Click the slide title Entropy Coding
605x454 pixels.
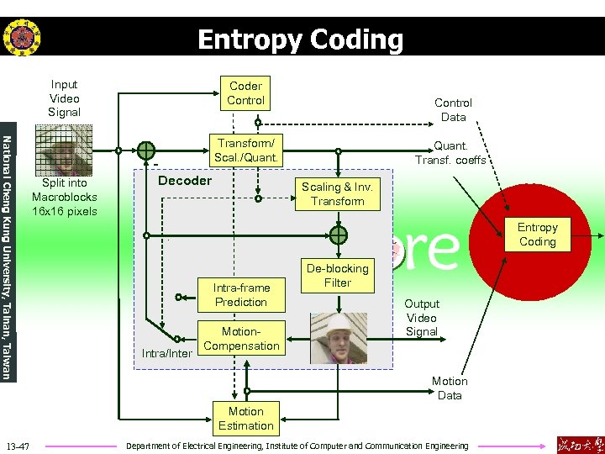click(300, 40)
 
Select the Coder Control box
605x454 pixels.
click(245, 93)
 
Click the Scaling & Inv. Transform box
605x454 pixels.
click(338, 194)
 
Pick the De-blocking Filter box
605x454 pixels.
click(337, 276)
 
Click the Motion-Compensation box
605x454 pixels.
click(241, 339)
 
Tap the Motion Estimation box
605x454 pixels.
click(245, 418)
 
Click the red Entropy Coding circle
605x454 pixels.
click(537, 235)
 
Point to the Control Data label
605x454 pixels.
click(454, 109)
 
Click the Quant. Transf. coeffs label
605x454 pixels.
click(450, 152)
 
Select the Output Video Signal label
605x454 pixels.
click(421, 317)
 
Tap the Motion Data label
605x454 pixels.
click(450, 388)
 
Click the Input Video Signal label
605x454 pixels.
click(64, 98)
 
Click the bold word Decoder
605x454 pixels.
click(185, 181)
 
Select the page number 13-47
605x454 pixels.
click(18, 445)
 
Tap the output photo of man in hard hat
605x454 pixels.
click(339, 338)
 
